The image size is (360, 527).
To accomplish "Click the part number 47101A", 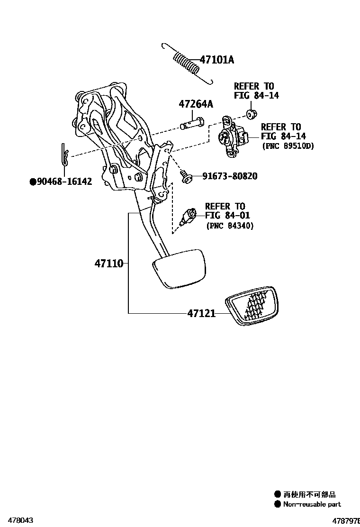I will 216,60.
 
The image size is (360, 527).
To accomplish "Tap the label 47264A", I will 196,104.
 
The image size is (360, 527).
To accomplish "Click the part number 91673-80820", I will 230,176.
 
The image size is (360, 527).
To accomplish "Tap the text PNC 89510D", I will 288,146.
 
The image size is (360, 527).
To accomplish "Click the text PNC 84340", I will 230,227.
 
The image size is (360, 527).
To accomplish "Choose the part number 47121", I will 201,313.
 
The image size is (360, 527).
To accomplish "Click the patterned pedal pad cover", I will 251,307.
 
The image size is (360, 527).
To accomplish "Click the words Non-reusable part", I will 312,504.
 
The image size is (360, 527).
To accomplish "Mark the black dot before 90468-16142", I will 33,182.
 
